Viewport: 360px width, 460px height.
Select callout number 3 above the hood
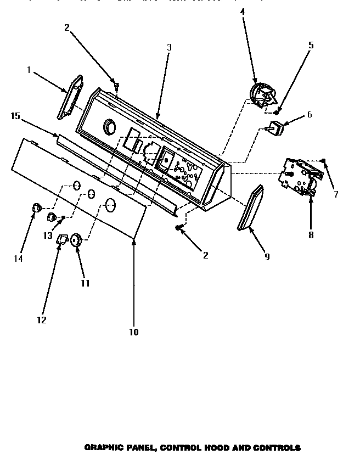coord(169,48)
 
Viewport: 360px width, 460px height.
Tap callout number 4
coord(243,11)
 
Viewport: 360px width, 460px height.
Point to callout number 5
coord(311,45)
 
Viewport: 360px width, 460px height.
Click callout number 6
coord(310,115)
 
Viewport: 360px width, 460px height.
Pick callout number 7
coord(336,194)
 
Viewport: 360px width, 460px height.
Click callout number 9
coord(267,256)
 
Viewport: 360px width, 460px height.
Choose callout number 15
coord(15,116)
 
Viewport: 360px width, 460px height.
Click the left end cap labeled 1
coord(70,97)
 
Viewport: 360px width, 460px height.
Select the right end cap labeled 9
coord(250,209)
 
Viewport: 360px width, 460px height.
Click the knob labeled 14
coord(37,208)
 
